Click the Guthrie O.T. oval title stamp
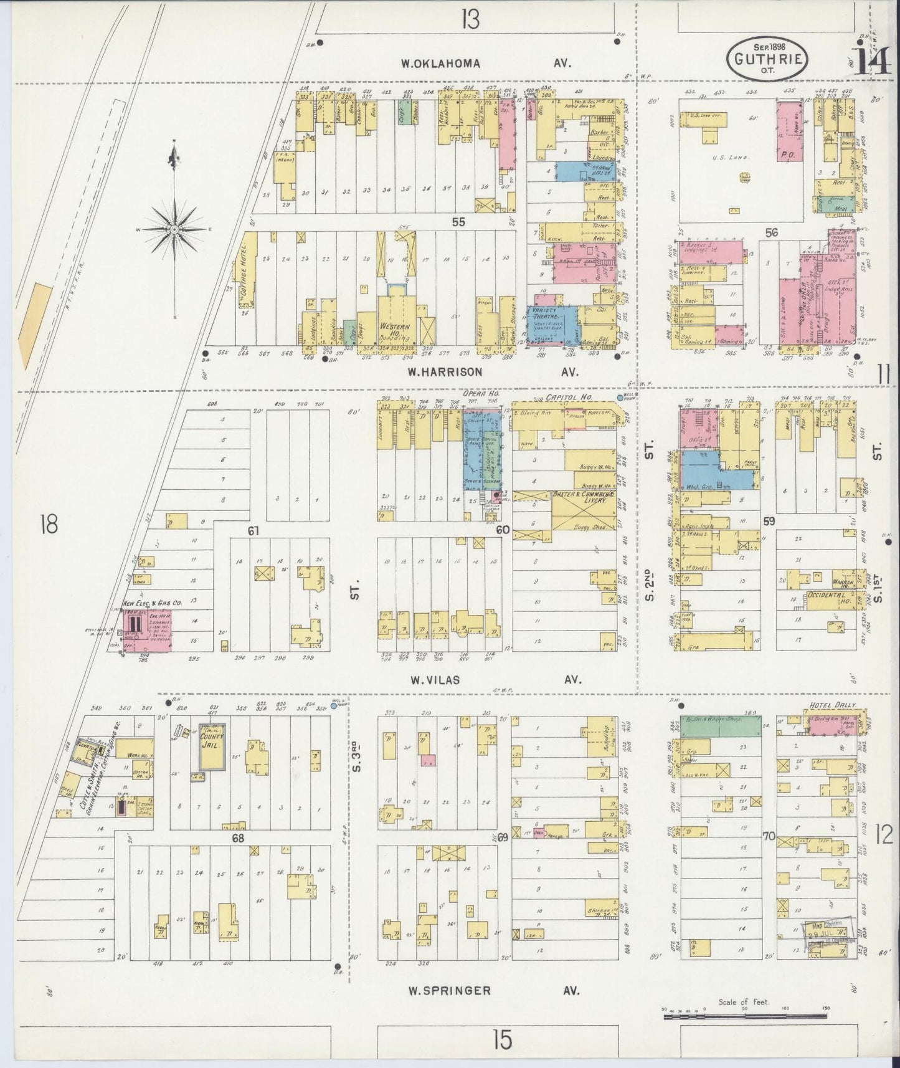tap(771, 58)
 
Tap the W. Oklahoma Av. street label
tap(486, 63)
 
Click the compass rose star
tap(176, 229)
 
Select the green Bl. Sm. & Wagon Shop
tap(721, 725)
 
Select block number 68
tap(238, 838)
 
